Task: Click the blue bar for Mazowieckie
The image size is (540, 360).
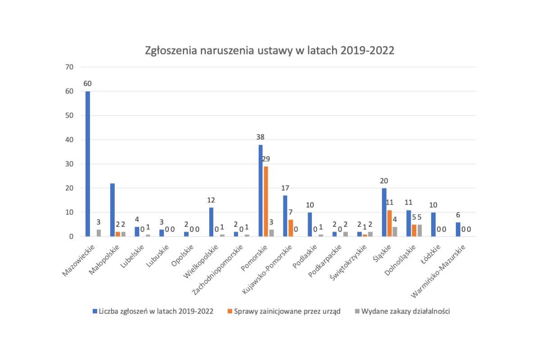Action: pos(88,164)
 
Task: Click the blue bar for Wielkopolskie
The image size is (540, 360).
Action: pos(211,222)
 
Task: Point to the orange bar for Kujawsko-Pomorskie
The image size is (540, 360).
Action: pos(291,228)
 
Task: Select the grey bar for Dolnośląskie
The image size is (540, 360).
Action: pos(419,230)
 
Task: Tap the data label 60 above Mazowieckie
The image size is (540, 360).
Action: pos(88,83)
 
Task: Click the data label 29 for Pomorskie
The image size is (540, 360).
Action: pos(266,159)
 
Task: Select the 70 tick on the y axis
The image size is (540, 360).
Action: pos(69,67)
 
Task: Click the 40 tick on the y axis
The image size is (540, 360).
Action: pos(69,139)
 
